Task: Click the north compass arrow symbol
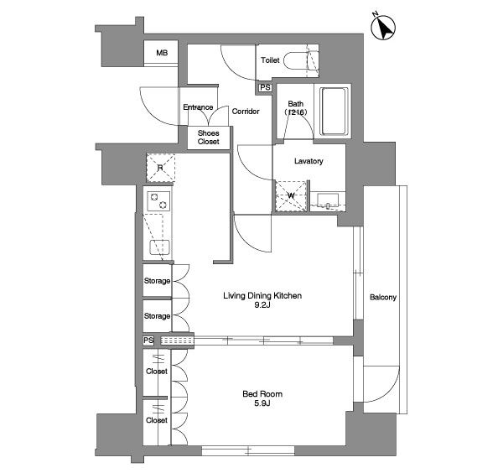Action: pos(383,28)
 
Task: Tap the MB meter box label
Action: pos(162,53)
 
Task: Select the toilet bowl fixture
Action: pos(301,60)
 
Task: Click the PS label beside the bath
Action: pos(265,87)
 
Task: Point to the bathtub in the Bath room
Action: pos(334,111)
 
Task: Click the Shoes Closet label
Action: pos(209,138)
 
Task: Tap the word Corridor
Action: pos(246,112)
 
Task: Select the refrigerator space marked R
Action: pos(161,168)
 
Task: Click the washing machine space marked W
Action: pos(291,196)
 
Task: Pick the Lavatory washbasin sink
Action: pos(328,200)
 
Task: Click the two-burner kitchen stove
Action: pos(158,201)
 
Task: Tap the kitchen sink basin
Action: pos(160,247)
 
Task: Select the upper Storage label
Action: pos(157,281)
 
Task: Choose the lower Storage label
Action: pos(157,316)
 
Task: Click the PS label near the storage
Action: pos(148,340)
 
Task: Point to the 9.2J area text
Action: pos(262,305)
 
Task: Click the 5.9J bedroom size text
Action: pos(262,403)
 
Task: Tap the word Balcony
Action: pos(383,297)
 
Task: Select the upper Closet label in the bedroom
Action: pos(157,372)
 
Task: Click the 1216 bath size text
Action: pos(296,112)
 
